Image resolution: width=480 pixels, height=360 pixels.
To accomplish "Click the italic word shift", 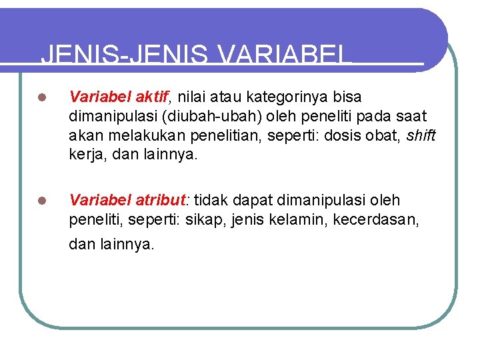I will click(421, 136).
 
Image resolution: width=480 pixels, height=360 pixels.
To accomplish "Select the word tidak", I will click(213, 200).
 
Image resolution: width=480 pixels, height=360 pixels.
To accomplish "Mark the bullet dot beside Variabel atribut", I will click(41, 201).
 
